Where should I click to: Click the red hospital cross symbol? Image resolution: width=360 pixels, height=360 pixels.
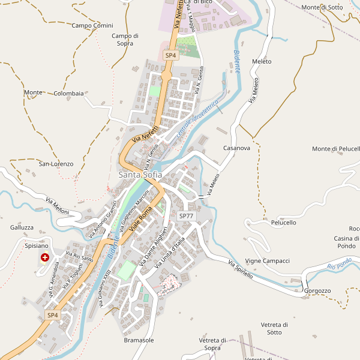click(44, 257)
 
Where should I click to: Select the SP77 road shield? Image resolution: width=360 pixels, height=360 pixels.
click(186, 215)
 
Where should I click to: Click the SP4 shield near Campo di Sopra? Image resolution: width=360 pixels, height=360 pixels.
click(170, 55)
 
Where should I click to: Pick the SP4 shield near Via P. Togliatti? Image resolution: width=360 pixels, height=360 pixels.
click(53, 315)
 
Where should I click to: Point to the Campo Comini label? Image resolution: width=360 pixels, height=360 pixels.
click(92, 25)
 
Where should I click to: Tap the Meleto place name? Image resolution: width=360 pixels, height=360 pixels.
click(262, 62)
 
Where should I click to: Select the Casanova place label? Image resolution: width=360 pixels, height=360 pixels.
click(236, 148)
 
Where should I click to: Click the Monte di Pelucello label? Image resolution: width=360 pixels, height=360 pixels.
click(336, 149)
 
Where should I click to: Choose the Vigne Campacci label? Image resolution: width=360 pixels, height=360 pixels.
click(268, 261)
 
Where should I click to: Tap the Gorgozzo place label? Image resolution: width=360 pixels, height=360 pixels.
click(317, 291)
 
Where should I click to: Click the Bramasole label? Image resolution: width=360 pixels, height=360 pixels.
click(139, 340)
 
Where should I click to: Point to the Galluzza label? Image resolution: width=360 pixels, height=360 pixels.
click(22, 227)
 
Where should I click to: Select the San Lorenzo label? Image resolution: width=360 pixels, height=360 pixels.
click(56, 164)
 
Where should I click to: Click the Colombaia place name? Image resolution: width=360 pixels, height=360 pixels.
click(68, 94)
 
